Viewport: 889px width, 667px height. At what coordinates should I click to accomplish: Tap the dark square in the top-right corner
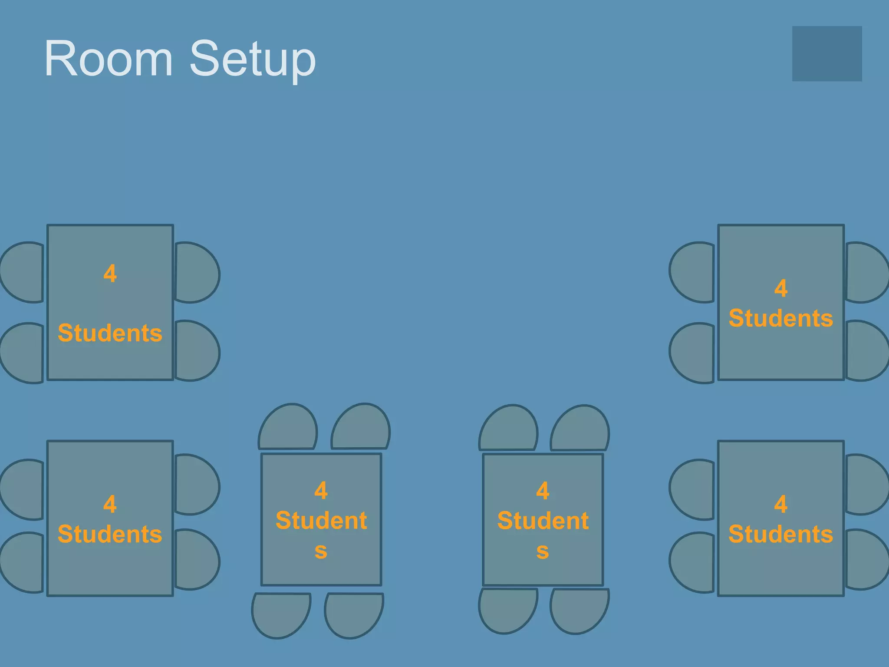coord(826,53)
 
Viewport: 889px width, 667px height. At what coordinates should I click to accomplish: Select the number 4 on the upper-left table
coord(110,274)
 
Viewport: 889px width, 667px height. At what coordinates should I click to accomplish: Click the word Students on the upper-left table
coord(110,333)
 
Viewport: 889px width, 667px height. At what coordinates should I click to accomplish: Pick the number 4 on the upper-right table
coord(780,288)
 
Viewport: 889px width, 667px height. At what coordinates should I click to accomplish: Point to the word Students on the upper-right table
coord(780,318)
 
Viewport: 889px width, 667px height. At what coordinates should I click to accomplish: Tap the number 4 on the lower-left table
coord(110,504)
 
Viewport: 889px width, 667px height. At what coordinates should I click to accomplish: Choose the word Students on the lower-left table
coord(110,534)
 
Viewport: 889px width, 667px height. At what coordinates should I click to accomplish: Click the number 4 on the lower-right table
coord(780,504)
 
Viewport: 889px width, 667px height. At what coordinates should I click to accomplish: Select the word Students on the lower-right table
coord(780,534)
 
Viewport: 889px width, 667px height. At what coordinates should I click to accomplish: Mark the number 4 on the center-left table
coord(321,490)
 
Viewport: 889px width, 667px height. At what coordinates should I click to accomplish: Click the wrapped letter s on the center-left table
coord(321,551)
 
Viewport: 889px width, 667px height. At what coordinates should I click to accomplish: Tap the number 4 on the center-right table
coord(543,491)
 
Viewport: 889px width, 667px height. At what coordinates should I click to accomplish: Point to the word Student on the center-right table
coord(543,520)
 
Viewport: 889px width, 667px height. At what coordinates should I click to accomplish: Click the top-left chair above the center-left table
coord(288,428)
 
